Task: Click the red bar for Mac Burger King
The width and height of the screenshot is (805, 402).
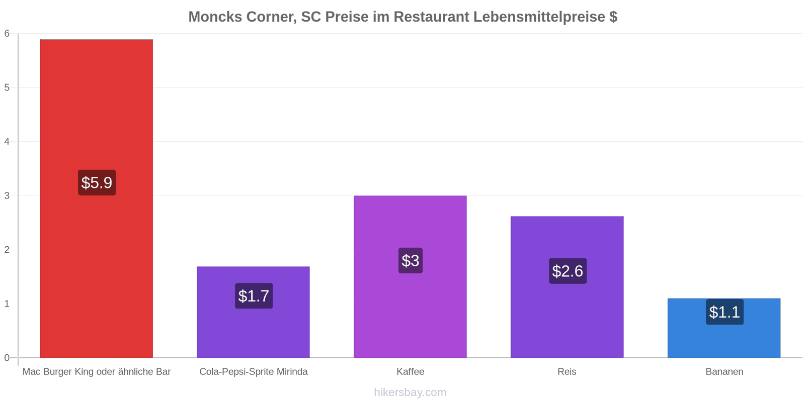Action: (96, 198)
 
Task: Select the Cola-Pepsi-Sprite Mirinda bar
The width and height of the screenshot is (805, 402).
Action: (253, 312)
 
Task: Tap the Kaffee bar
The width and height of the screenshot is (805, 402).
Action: (410, 277)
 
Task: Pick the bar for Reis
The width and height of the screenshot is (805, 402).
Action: (567, 287)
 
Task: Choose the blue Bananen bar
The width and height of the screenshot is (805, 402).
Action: (724, 328)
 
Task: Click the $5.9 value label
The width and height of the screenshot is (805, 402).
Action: (97, 183)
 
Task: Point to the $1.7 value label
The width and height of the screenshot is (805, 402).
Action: (254, 296)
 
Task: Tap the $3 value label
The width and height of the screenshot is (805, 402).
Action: (411, 261)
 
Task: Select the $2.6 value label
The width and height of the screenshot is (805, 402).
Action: (568, 271)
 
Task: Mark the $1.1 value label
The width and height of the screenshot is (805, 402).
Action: (725, 312)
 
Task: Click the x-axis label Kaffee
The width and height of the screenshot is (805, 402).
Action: (411, 371)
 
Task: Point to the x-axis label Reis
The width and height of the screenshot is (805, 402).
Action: (567, 371)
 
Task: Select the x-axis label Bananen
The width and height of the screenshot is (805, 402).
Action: (725, 371)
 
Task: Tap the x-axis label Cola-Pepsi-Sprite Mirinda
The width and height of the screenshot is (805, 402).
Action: (254, 371)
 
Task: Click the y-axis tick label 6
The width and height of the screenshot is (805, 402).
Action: (7, 33)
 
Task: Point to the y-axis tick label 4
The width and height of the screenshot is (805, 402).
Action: (7, 141)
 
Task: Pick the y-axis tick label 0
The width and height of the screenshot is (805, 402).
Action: (7, 357)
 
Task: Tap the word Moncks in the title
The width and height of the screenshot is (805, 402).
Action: (215, 17)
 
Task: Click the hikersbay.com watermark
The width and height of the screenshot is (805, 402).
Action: (410, 392)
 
